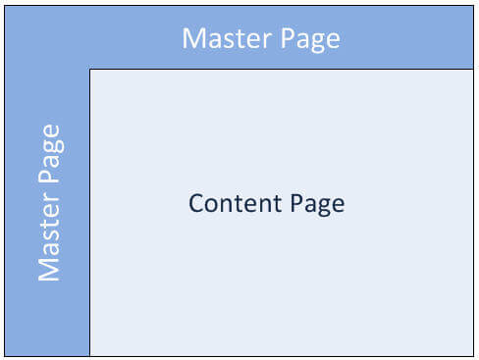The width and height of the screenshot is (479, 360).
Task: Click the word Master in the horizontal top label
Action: [x=224, y=38]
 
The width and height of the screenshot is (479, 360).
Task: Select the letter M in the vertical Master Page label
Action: [x=49, y=270]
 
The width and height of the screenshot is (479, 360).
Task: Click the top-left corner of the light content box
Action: [x=90, y=70]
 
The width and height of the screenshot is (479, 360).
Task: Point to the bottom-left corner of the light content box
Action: [x=90, y=355]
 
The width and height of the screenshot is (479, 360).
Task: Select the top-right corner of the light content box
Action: [x=474, y=70]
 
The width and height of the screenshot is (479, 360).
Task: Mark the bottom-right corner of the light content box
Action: [x=474, y=355]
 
